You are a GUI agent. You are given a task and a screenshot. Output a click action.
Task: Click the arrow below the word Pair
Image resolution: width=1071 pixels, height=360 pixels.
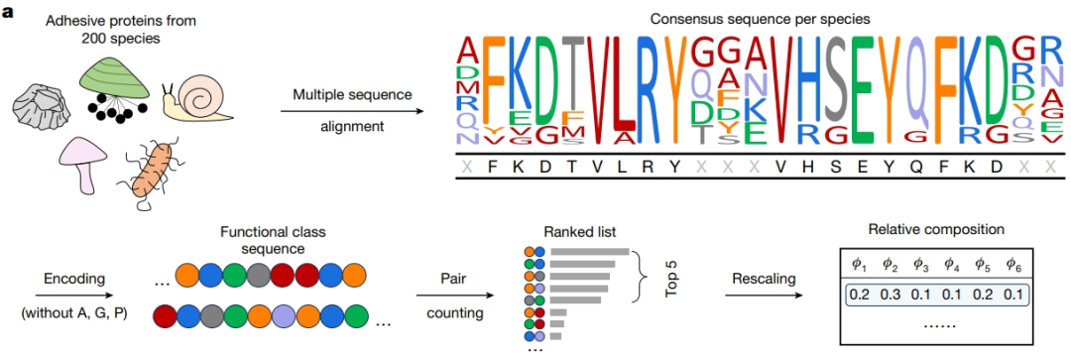(x=456, y=297)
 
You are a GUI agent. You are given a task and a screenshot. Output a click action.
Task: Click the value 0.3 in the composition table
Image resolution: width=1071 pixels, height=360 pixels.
(x=890, y=296)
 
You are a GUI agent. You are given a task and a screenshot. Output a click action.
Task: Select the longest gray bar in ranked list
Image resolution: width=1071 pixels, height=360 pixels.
(x=589, y=252)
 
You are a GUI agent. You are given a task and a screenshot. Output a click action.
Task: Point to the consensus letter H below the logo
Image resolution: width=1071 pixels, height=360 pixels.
(x=808, y=166)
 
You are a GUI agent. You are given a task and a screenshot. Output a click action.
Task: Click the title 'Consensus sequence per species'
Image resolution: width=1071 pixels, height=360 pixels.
(x=760, y=19)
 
